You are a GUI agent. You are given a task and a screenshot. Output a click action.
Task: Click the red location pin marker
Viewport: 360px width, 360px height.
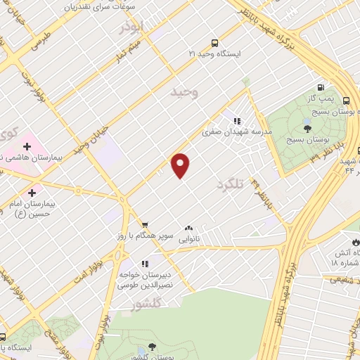click(181, 165)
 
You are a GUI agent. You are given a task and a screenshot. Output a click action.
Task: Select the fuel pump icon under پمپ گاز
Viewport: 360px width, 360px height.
click(321, 88)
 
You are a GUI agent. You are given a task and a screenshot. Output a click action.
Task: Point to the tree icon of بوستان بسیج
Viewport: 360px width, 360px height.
click(307, 127)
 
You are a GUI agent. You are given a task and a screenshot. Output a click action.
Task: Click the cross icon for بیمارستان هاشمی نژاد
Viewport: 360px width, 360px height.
click(27, 148)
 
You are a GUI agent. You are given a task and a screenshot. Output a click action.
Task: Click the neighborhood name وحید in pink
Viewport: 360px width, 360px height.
click(184, 92)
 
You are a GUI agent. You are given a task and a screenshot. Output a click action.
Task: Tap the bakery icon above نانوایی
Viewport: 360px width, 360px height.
click(188, 229)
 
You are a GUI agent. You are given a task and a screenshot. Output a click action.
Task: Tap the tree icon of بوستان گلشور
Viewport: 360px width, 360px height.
click(151, 347)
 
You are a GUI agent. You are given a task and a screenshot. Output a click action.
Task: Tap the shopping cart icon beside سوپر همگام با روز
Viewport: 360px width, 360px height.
click(144, 224)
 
